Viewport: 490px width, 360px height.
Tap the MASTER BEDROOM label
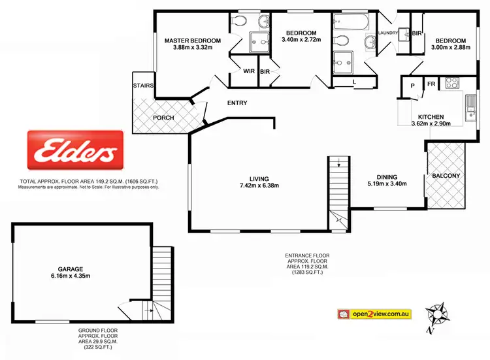pyautogui.click(x=192, y=40)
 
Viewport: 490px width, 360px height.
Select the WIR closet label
pyautogui.click(x=248, y=71)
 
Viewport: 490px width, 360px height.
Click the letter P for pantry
pyautogui.click(x=413, y=85)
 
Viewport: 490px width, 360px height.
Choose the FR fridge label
pyautogui.click(x=431, y=84)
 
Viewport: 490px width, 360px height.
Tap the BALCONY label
pyautogui.click(x=446, y=176)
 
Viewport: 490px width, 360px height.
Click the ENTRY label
pyautogui.click(x=237, y=103)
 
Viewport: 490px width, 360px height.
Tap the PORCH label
pyautogui.click(x=163, y=118)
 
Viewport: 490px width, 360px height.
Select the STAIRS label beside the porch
pyautogui.click(x=142, y=86)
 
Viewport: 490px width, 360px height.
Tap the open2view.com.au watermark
pyautogui.click(x=374, y=314)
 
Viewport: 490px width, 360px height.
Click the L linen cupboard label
pyautogui.click(x=353, y=82)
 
